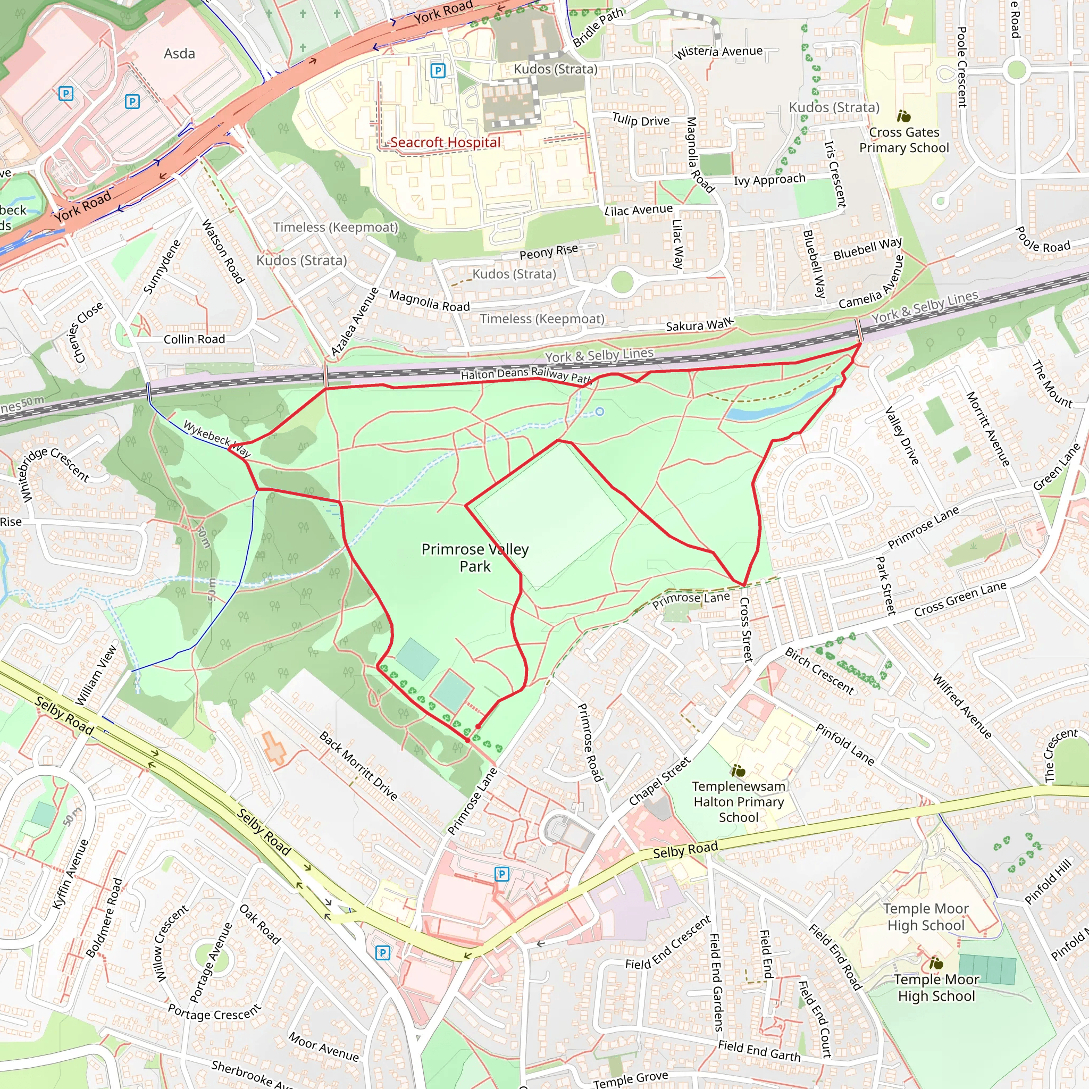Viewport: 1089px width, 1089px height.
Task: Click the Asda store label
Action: (179, 54)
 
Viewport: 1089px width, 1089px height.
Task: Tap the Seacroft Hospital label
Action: (445, 142)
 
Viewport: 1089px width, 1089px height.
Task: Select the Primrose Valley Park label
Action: (475, 557)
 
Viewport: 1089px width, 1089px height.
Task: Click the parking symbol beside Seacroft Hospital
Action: (438, 71)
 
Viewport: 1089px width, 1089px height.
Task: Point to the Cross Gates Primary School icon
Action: (903, 116)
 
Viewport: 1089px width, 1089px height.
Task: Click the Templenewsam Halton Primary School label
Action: (739, 801)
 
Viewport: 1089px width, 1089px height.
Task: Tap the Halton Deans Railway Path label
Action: (526, 374)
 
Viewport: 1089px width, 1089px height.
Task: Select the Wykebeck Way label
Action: (216, 439)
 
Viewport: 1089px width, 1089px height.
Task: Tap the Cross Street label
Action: (745, 630)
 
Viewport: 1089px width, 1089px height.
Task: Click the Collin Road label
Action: (194, 339)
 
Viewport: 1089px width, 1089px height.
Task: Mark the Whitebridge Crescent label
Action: (55, 472)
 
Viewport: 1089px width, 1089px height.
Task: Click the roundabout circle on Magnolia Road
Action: (622, 282)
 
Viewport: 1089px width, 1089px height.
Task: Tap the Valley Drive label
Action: (902, 435)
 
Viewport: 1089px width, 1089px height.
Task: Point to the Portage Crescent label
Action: (214, 1012)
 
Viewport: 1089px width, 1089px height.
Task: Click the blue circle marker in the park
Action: (600, 412)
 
